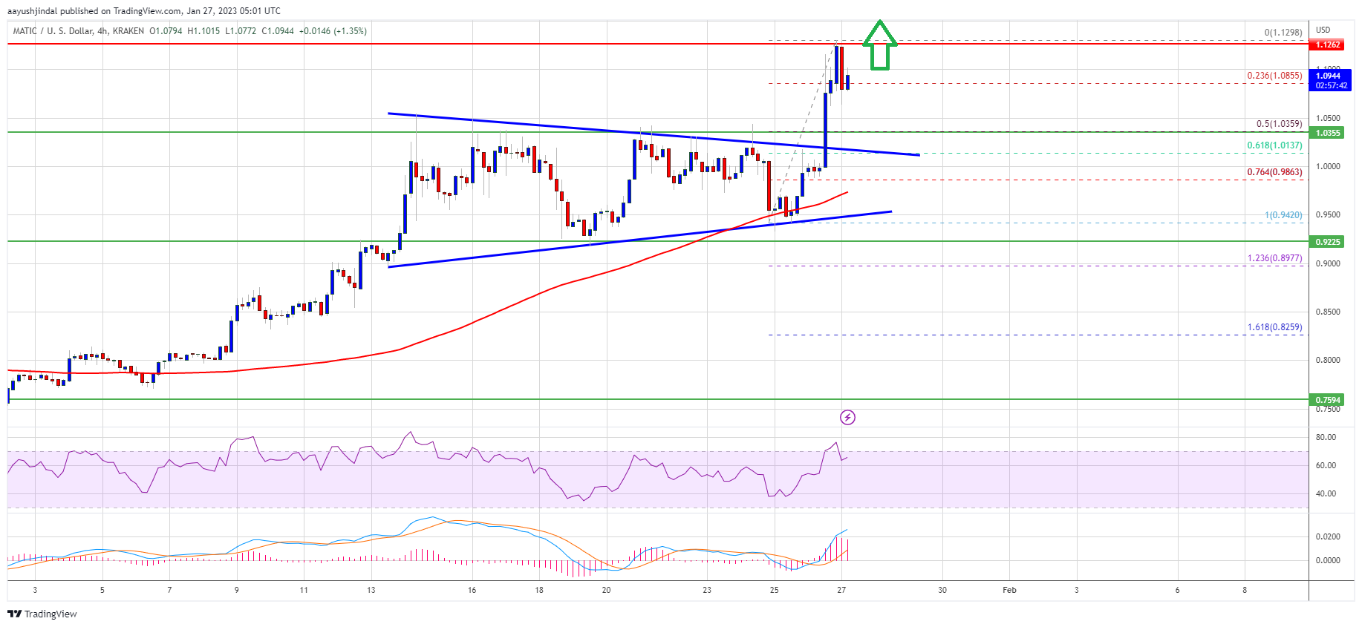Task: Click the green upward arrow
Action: coord(879,45)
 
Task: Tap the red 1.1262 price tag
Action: coord(1328,45)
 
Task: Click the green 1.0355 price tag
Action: coord(1328,133)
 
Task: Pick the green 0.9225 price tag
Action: coord(1328,242)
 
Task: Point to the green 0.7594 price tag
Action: coord(1328,400)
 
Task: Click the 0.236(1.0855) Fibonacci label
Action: coord(1274,76)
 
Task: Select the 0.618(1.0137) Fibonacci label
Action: coord(1274,145)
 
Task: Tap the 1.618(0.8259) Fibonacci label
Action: coord(1274,327)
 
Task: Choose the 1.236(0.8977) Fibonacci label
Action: coord(1274,258)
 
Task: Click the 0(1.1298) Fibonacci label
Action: coord(1283,33)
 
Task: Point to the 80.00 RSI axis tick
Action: coord(1326,437)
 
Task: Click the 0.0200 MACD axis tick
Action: coord(1328,536)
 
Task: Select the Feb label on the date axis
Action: coord(1009,591)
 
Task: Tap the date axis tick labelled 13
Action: coord(371,591)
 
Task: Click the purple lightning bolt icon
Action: coord(847,418)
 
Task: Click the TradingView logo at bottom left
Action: coord(42,614)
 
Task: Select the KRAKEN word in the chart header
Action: coord(128,31)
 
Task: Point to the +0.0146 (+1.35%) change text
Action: coord(333,31)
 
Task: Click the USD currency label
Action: coord(1323,30)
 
